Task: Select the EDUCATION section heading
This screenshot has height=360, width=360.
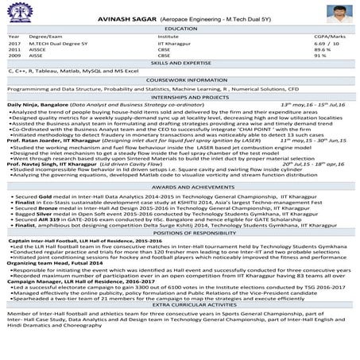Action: tap(180, 28)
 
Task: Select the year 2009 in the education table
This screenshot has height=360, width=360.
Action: tap(14, 56)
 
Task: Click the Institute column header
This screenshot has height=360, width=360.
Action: tap(168, 37)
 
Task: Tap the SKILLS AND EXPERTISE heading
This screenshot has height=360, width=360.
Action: tap(180, 62)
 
